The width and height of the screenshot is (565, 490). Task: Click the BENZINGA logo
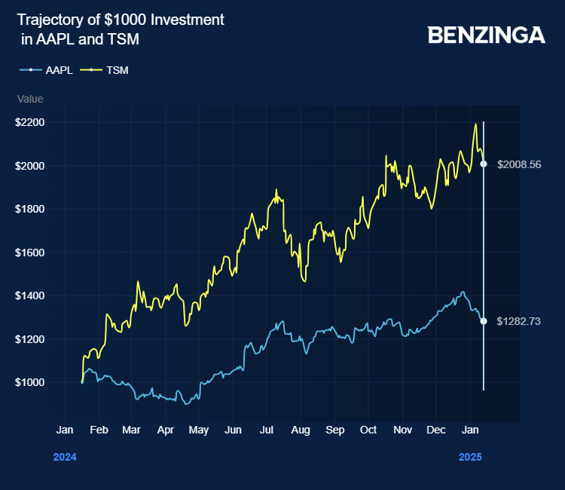pos(486,35)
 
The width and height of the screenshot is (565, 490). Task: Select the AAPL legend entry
pos(58,70)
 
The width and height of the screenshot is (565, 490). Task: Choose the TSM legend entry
pos(118,70)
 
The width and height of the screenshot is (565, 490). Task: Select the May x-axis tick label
pos(199,430)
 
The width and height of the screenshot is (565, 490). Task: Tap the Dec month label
pos(435,430)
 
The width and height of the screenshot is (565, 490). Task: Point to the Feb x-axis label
pos(99,430)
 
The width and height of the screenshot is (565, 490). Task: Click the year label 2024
pos(65,457)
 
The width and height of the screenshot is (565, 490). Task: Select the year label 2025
pos(470,457)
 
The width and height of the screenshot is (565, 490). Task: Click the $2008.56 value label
pos(519,164)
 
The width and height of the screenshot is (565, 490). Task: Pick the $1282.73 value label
pos(519,321)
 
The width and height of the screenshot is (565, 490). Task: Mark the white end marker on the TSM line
pos(484,164)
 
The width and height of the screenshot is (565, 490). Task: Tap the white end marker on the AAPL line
pos(484,321)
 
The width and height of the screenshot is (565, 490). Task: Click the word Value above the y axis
pos(30,99)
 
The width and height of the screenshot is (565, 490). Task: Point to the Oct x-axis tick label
pos(368,430)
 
